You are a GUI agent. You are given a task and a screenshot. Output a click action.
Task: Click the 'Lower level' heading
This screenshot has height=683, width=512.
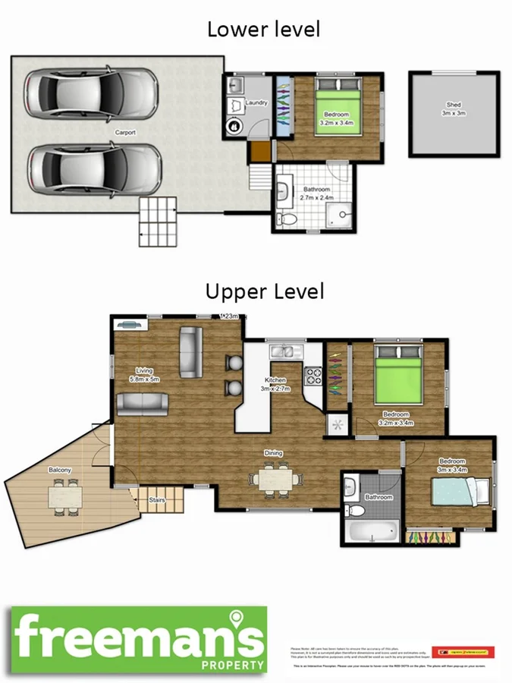point(263,30)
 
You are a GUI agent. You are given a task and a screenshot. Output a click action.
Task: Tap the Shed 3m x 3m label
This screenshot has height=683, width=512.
point(453,109)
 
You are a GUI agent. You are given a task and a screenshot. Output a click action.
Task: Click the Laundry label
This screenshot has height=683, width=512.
point(256,102)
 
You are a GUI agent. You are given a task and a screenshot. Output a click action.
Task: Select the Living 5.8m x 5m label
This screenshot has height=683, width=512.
point(143,375)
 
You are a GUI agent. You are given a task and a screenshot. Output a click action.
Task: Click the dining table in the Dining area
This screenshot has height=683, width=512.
point(275,480)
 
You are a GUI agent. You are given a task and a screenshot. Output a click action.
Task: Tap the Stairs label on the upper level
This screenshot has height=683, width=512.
point(157,501)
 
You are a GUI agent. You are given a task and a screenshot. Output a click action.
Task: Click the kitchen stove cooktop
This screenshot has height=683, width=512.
point(313,377)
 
